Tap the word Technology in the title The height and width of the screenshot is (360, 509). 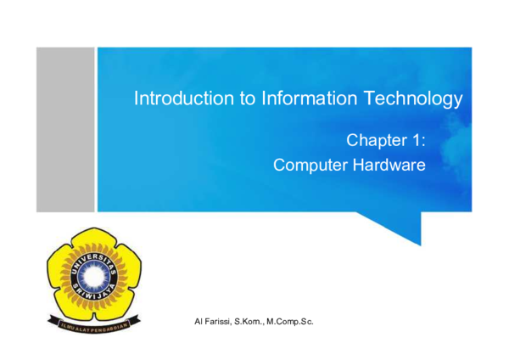click(x=412, y=99)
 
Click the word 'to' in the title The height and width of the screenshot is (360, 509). click(x=246, y=99)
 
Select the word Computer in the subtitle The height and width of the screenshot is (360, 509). click(x=306, y=165)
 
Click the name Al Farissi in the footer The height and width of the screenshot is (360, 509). click(x=213, y=322)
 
